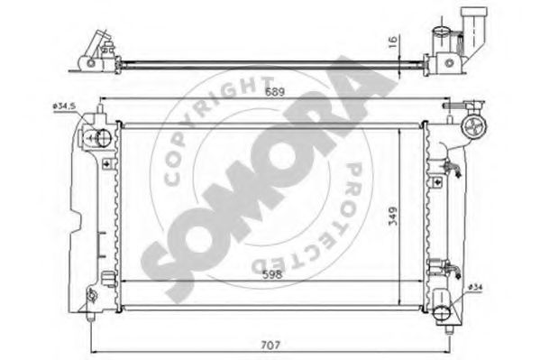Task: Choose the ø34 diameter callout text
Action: [x=479, y=286]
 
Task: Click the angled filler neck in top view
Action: [x=472, y=26]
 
